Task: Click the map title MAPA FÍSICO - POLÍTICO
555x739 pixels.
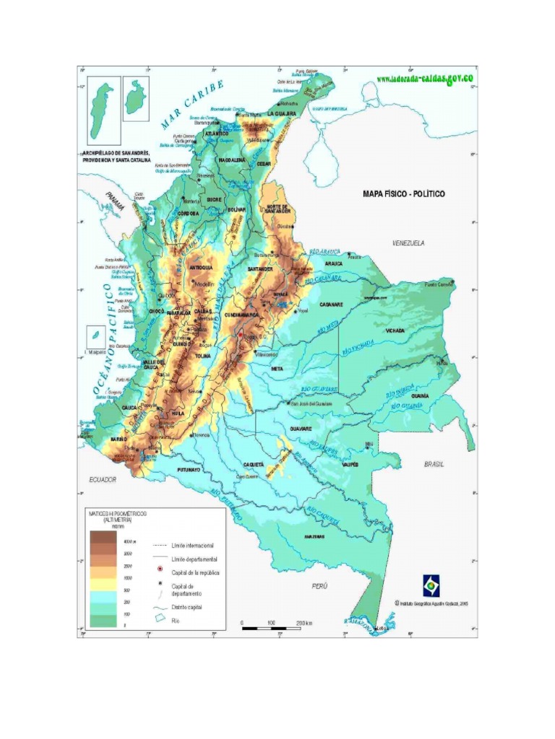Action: (404, 194)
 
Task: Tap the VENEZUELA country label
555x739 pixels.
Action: (408, 243)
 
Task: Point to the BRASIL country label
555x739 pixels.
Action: (435, 465)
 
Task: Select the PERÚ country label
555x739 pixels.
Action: (320, 586)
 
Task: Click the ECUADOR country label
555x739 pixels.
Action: (103, 479)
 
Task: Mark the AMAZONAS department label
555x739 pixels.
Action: (314, 536)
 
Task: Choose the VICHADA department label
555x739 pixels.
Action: (395, 331)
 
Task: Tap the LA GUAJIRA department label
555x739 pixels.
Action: (281, 114)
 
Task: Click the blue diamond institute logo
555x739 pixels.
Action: (431, 585)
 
